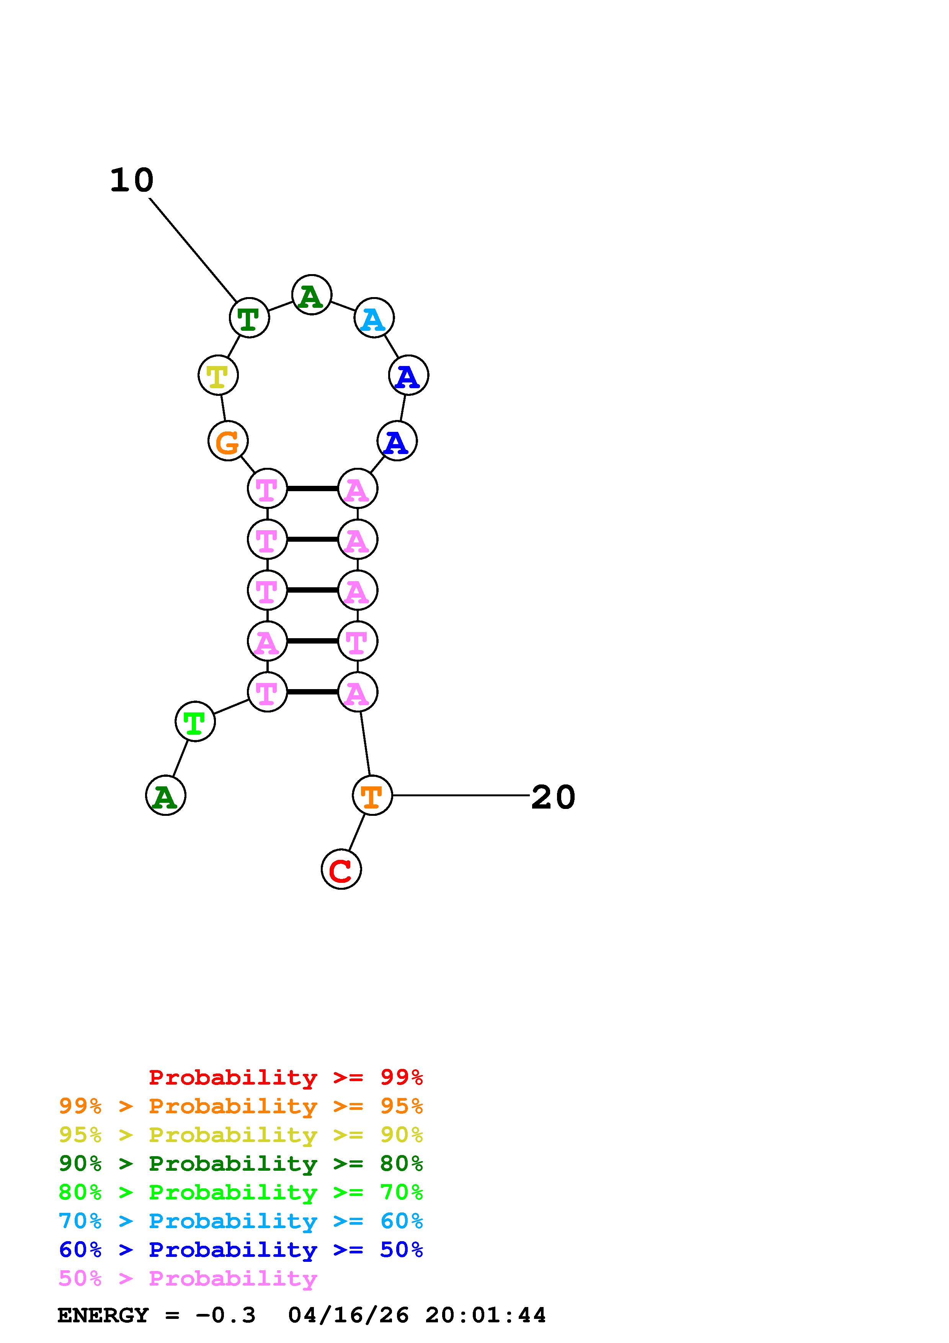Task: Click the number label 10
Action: tap(132, 180)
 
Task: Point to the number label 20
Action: tap(552, 797)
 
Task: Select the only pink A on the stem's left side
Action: tap(267, 642)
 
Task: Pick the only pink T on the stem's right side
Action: tap(357, 642)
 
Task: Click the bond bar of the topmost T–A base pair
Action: tap(312, 489)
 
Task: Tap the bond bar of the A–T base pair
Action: tap(312, 642)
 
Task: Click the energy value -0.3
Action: tap(226, 1315)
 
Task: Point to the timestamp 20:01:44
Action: tap(485, 1315)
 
